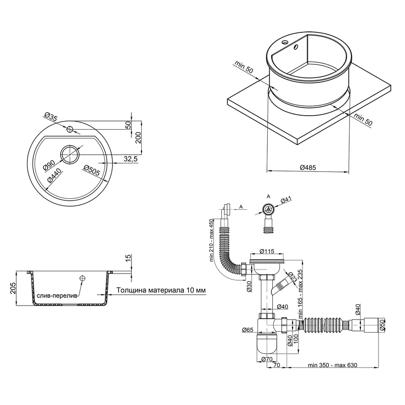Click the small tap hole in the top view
70,130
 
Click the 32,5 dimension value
130,159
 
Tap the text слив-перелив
57,296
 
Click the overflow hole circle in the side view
82,279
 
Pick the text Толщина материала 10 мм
161,291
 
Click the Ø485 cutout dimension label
308,167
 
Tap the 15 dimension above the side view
128,258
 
